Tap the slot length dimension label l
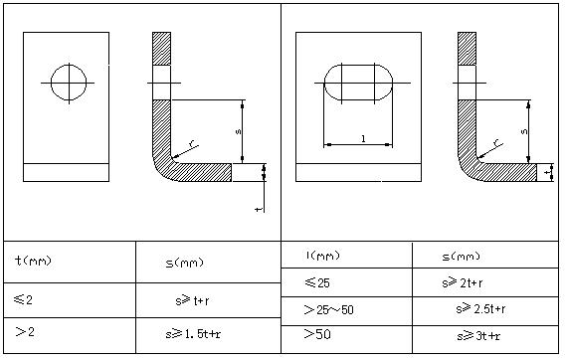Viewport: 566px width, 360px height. pyautogui.click(x=363, y=138)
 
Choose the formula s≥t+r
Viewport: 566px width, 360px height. pyautogui.click(x=192, y=300)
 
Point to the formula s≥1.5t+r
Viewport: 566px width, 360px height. pyautogui.click(x=193, y=334)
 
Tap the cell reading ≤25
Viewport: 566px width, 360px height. pyautogui.click(x=317, y=282)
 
